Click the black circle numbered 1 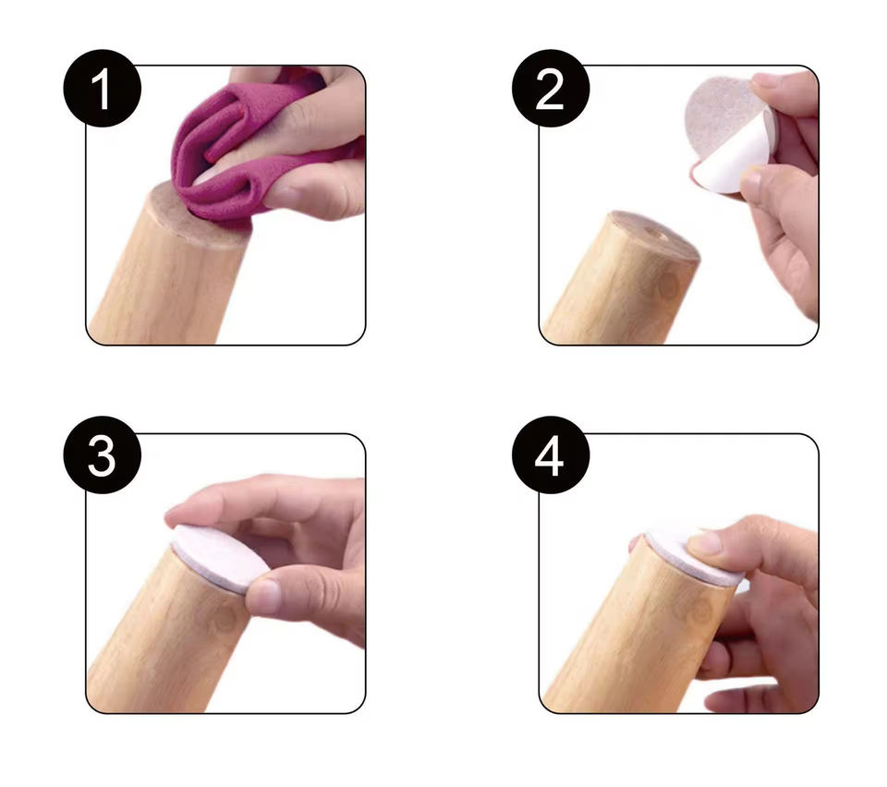pos(103,88)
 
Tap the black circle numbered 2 pos(551,88)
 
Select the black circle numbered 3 pos(103,455)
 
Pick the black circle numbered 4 pos(551,455)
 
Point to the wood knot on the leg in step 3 pos(225,619)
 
